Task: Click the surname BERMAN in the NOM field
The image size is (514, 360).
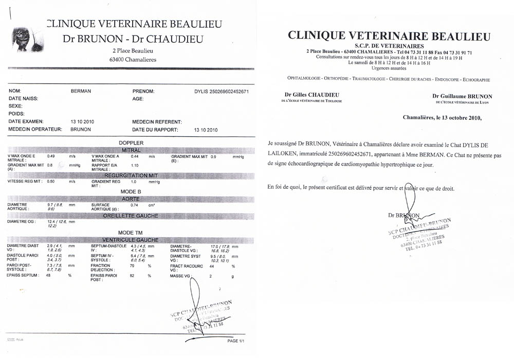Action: click(x=80, y=91)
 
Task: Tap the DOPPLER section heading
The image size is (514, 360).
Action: click(x=131, y=142)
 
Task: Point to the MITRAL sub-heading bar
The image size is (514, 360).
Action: click(x=131, y=150)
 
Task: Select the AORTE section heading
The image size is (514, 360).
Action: click(x=131, y=198)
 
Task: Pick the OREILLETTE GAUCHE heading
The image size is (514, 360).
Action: click(x=131, y=215)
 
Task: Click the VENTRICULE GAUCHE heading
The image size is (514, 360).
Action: click(x=131, y=240)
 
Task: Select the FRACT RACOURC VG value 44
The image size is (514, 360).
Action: click(x=211, y=266)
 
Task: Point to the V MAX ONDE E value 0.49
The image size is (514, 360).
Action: click(x=51, y=156)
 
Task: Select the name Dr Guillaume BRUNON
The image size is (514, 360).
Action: click(x=462, y=96)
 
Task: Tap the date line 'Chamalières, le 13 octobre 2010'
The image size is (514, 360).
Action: click(x=442, y=117)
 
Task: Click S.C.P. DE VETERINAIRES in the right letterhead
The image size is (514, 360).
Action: click(x=389, y=46)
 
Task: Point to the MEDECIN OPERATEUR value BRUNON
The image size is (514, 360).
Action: click(x=81, y=130)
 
